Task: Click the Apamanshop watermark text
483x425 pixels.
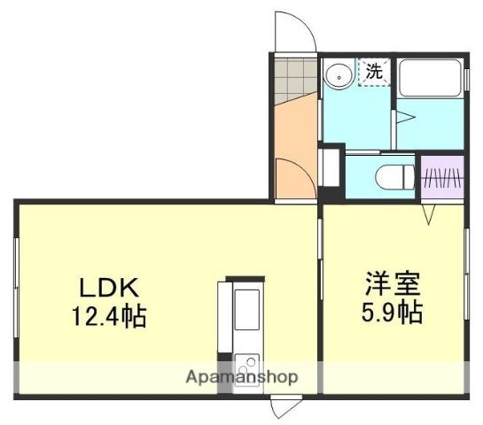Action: point(241,376)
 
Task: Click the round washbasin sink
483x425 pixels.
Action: point(337,75)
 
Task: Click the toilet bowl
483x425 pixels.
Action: point(393,177)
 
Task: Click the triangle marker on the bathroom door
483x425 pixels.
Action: point(403,116)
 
